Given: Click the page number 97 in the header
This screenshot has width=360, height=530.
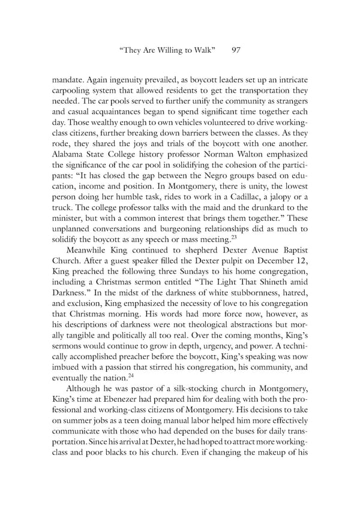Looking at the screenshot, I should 236,51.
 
